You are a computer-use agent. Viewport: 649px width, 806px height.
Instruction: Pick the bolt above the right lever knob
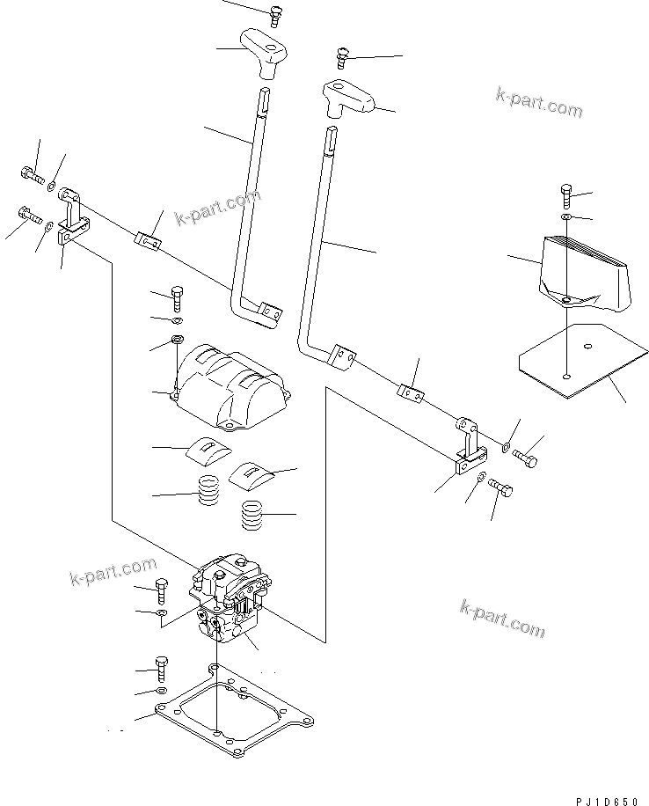(343, 59)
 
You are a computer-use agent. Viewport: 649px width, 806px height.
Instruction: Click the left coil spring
(208, 490)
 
